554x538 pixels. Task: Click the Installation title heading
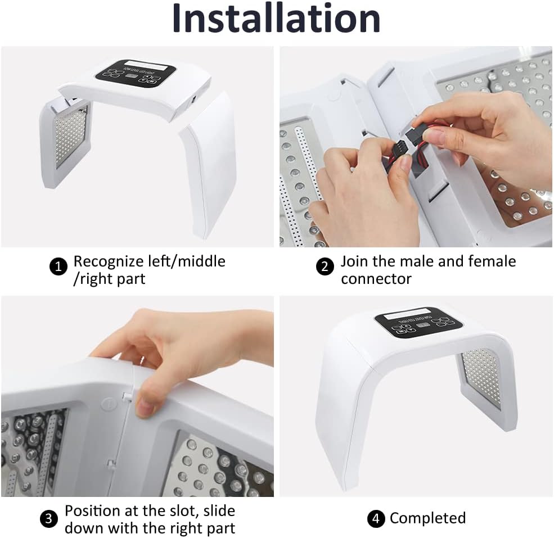pyautogui.click(x=276, y=19)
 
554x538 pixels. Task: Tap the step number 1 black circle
pyautogui.click(x=58, y=266)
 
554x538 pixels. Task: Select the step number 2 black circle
pyautogui.click(x=325, y=266)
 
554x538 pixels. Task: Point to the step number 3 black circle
pyautogui.click(x=49, y=519)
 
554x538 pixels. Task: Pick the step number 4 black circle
pyautogui.click(x=376, y=518)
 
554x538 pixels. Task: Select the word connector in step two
pyautogui.click(x=376, y=279)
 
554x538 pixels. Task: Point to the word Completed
pyautogui.click(x=427, y=518)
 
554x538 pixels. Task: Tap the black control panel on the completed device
pyautogui.click(x=418, y=323)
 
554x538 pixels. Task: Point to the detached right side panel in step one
pyautogui.click(x=209, y=165)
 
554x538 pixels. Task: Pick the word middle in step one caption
pyautogui.click(x=201, y=261)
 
